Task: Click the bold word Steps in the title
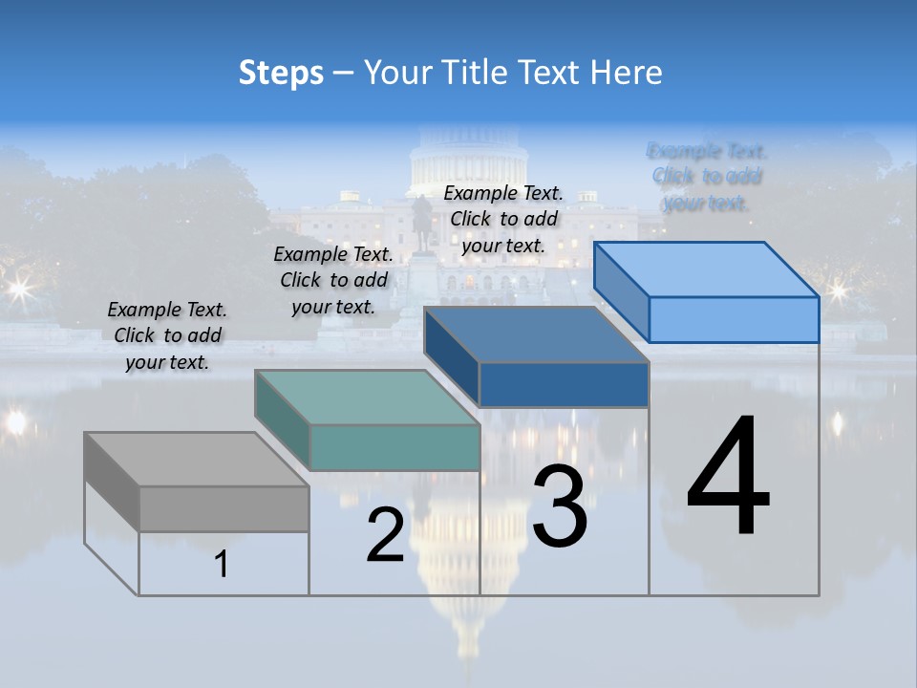pyautogui.click(x=281, y=73)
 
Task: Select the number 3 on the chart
pyautogui.click(x=560, y=506)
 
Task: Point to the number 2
pyautogui.click(x=385, y=535)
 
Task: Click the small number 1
pyautogui.click(x=221, y=564)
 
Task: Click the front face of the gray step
pyautogui.click(x=224, y=508)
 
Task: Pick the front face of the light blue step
pyautogui.click(x=734, y=319)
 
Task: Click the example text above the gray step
pyautogui.click(x=167, y=336)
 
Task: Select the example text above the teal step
pyautogui.click(x=333, y=280)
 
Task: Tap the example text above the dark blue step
pyautogui.click(x=503, y=220)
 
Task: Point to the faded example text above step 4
pyautogui.click(x=707, y=177)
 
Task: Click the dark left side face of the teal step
pyautogui.click(x=283, y=420)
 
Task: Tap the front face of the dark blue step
pyautogui.click(x=564, y=384)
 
